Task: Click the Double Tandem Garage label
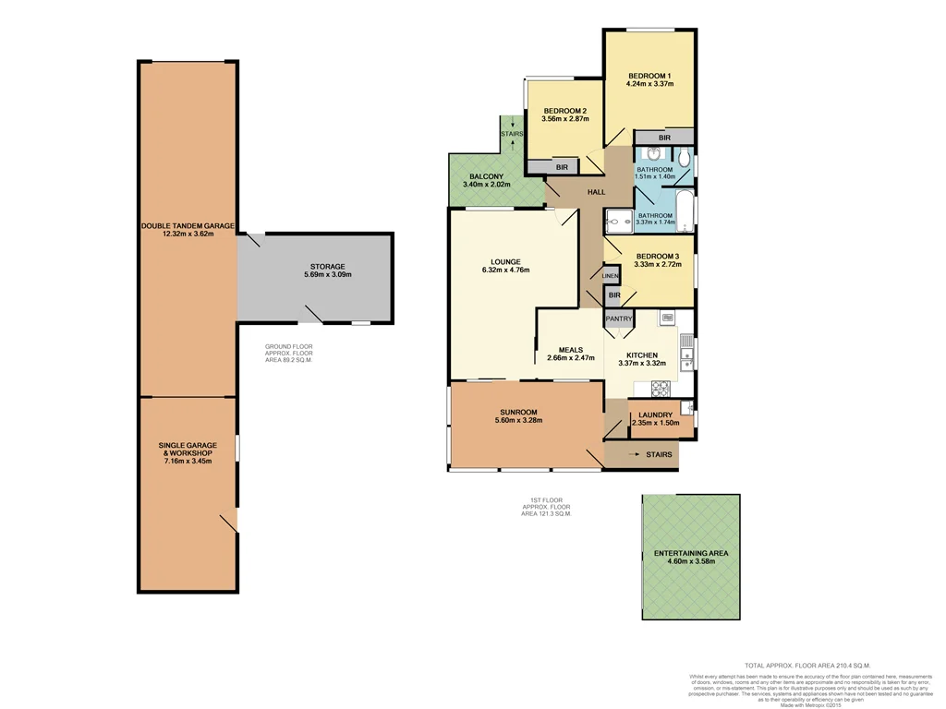point(188,225)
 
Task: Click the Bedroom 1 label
point(649,75)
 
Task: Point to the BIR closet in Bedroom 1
point(664,138)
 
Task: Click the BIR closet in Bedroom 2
point(561,167)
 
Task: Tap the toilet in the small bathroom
point(682,159)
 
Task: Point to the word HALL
point(596,192)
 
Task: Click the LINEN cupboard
point(610,276)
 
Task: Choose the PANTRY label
point(618,319)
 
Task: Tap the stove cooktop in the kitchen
point(660,387)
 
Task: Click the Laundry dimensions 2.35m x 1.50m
point(655,423)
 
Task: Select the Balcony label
point(486,176)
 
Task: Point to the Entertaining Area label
point(691,553)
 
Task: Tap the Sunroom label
point(518,412)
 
